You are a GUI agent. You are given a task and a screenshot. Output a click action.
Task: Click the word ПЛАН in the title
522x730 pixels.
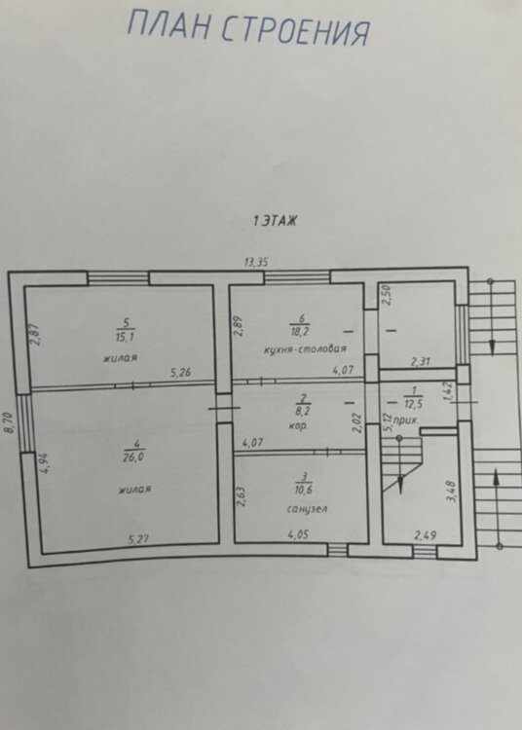pyautogui.click(x=168, y=25)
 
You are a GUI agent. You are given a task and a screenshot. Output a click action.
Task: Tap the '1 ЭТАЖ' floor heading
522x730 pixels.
pyautogui.click(x=276, y=220)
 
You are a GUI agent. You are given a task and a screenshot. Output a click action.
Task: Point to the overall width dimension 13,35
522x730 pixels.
pyautogui.click(x=256, y=262)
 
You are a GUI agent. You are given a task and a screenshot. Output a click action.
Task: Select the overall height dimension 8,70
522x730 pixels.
pyautogui.click(x=10, y=423)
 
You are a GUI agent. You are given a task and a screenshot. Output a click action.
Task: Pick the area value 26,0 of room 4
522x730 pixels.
pyautogui.click(x=134, y=457)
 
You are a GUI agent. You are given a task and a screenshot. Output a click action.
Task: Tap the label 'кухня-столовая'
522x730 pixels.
pyautogui.click(x=305, y=348)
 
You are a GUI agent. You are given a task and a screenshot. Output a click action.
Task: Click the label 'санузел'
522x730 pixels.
pyautogui.click(x=307, y=509)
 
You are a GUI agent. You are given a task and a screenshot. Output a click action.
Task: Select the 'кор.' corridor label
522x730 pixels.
pyautogui.click(x=298, y=425)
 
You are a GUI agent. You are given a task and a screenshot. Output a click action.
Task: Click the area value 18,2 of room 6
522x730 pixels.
pyautogui.click(x=300, y=332)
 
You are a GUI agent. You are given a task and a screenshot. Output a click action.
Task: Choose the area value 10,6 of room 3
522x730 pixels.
pyautogui.click(x=303, y=490)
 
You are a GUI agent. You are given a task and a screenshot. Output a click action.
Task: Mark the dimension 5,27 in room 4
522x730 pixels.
pyautogui.click(x=138, y=539)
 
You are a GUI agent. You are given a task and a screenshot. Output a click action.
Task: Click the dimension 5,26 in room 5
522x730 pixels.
pyautogui.click(x=181, y=373)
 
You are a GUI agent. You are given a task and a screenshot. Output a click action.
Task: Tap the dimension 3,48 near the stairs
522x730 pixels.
pyautogui.click(x=452, y=492)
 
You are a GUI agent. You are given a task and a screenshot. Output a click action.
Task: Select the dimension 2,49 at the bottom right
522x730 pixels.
pyautogui.click(x=426, y=536)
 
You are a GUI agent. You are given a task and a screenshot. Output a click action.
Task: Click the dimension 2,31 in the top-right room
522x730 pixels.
pyautogui.click(x=421, y=361)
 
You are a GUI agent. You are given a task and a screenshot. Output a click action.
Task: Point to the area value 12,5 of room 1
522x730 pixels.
pyautogui.click(x=414, y=404)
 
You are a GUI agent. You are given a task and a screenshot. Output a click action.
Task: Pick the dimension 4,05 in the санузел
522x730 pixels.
pyautogui.click(x=298, y=534)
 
